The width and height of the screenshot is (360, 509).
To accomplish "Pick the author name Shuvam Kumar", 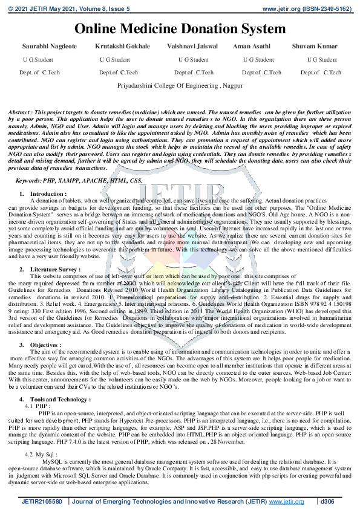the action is tap(315, 47).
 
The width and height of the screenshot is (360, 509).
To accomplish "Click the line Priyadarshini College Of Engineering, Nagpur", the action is tap(180, 86).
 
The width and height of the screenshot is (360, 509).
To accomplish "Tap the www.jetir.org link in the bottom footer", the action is tap(286, 502).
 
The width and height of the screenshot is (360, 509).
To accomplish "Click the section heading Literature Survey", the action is tap(54, 269).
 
